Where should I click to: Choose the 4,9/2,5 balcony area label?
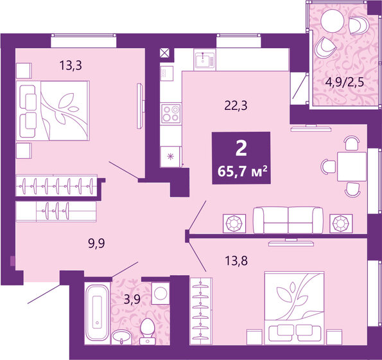point(342,82)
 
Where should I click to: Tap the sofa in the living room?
point(288,221)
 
